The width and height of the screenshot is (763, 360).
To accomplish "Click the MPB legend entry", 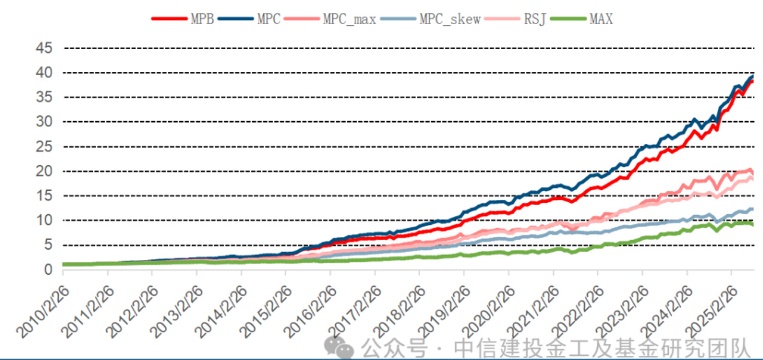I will point(182,19).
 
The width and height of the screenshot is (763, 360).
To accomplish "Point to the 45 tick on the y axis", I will point(44,48).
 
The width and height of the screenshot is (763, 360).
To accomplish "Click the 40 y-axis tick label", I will point(44,73).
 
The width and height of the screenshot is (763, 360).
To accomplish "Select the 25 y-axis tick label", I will point(44,146).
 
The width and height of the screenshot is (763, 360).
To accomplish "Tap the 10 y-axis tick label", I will point(44,221).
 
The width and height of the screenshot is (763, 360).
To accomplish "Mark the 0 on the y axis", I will point(49,270).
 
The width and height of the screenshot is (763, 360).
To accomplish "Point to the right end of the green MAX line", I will point(752,224).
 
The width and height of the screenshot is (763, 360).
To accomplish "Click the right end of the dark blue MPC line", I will point(752,77).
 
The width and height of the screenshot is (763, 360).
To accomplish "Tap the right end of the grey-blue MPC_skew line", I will point(752,209).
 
